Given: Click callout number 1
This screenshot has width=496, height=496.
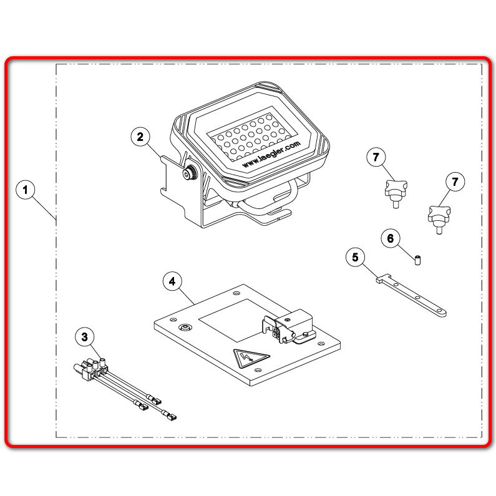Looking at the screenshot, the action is click(x=26, y=190).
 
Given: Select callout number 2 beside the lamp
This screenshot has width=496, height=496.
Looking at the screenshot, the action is click(x=140, y=137).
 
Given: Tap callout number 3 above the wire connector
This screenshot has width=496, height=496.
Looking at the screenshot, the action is click(x=85, y=337).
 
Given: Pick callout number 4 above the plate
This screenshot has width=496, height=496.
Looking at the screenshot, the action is click(x=172, y=281).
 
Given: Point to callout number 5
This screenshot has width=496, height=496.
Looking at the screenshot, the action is click(x=355, y=257).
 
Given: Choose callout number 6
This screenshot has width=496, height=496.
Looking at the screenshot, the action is click(x=391, y=238).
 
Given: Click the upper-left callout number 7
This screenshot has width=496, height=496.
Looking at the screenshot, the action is click(x=376, y=157).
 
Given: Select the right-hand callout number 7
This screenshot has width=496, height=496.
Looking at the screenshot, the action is click(x=455, y=182).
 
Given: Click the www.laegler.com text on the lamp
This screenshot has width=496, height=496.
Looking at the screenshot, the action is click(x=271, y=154).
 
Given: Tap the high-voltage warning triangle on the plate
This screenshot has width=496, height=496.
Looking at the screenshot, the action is click(x=251, y=357).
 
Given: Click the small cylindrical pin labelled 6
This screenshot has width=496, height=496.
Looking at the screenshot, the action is click(x=417, y=260).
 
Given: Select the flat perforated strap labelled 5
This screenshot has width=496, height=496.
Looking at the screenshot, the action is click(x=411, y=296).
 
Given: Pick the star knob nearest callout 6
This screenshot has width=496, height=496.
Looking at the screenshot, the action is click(x=396, y=193).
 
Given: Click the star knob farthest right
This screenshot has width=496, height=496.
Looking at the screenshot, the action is click(x=439, y=219).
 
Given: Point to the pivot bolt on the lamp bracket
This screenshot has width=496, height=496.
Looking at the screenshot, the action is click(x=189, y=173).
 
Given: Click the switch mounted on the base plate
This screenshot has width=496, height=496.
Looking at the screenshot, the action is click(x=288, y=326).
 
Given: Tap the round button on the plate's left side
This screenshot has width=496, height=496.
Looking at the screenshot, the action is click(x=185, y=327).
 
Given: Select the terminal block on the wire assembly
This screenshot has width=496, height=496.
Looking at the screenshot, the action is click(x=91, y=368).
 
